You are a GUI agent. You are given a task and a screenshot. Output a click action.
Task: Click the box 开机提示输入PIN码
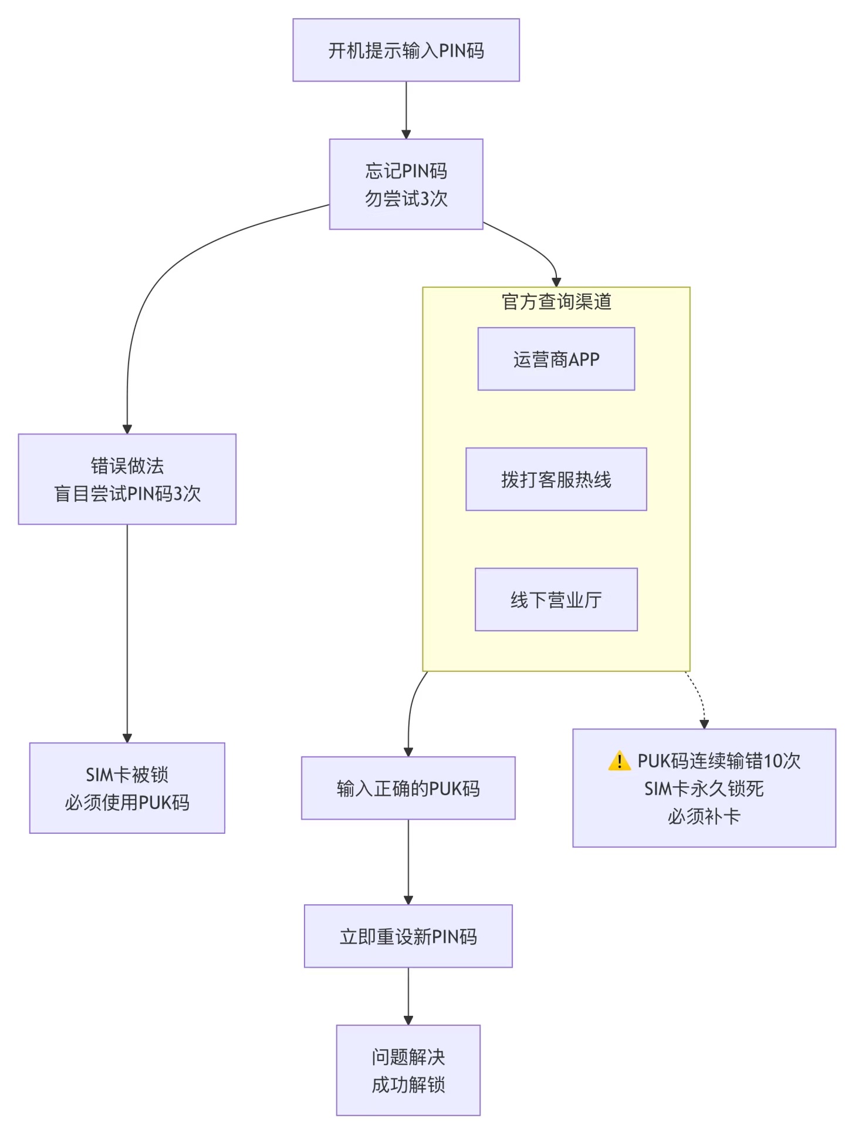406,50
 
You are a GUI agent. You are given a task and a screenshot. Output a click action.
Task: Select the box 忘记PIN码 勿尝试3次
406,184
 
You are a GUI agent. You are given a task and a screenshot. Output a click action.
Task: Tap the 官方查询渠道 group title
556,302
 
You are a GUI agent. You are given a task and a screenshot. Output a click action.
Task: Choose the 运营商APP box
556,359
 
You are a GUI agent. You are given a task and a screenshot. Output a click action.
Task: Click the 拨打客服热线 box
556,480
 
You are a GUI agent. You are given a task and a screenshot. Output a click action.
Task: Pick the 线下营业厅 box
556,600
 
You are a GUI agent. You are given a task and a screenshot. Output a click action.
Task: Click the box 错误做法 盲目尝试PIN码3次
127,480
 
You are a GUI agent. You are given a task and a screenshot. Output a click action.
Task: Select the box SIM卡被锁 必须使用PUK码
127,789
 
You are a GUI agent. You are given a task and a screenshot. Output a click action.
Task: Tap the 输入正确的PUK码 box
408,789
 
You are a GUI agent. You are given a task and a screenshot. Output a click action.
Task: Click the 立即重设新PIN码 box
408,937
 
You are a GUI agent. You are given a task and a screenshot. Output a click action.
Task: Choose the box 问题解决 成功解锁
408,1070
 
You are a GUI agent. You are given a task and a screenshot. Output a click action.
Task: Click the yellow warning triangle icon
620,762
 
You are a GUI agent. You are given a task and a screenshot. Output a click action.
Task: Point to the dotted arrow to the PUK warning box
700,699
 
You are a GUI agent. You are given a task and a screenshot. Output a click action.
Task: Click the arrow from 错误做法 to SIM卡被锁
127,634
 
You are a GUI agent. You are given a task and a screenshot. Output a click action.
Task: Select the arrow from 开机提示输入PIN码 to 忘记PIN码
406,110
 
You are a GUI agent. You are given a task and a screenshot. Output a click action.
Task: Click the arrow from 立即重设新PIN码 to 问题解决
408,996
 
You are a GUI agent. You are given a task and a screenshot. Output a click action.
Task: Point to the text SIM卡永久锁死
704,789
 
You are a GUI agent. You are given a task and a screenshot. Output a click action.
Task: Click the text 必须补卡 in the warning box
704,816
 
